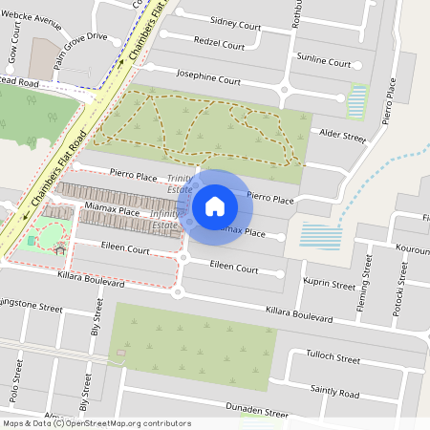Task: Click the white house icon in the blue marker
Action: click(215, 205)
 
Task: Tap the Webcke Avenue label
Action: click(36, 16)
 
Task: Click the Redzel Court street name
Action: click(219, 43)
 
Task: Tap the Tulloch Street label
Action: click(333, 359)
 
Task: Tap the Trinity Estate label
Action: click(180, 183)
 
